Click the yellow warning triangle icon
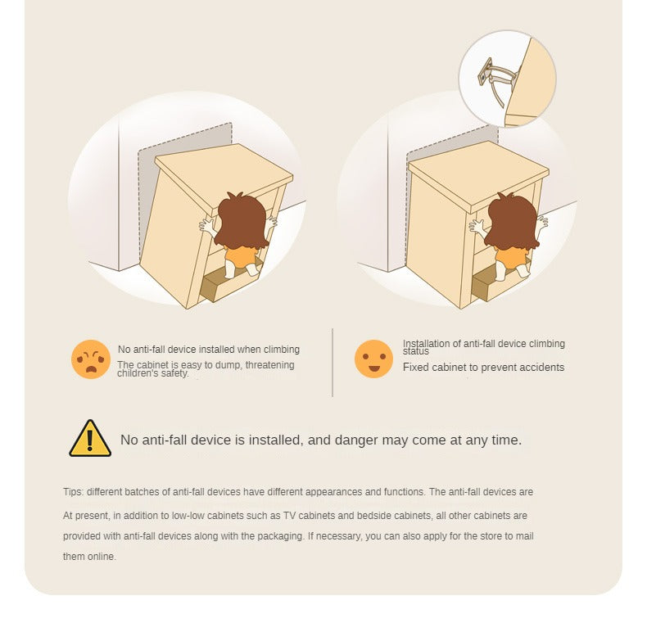point(90,439)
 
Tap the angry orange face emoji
point(91,359)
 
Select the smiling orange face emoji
point(373,359)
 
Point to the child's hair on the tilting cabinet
point(242,221)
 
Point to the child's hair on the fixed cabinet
point(512,221)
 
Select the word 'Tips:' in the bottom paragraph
point(74,492)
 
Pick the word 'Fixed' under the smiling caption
point(414,368)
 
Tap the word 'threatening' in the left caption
point(270,365)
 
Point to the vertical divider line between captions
point(333,362)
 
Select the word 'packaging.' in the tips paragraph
point(281,537)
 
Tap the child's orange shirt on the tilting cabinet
point(241,256)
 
